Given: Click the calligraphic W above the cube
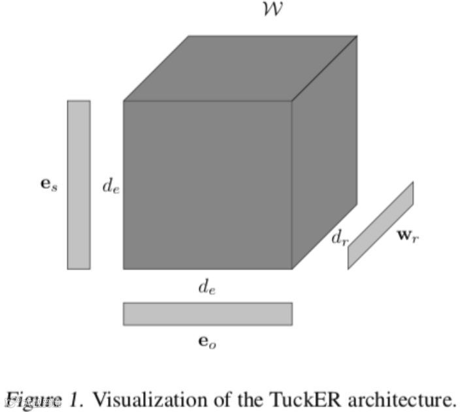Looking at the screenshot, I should click(271, 10).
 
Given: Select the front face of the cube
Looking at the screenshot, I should click(207, 184).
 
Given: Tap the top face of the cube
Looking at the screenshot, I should click(240, 68).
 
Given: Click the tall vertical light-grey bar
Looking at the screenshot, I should click(78, 184).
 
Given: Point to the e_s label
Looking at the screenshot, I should click(48, 185).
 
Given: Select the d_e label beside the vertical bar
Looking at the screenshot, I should click(110, 185).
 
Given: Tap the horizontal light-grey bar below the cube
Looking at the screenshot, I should click(207, 313).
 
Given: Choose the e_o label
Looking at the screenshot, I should click(206, 341).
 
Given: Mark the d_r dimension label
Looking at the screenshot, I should click(339, 239).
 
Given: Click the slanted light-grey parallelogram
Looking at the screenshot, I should click(380, 225).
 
